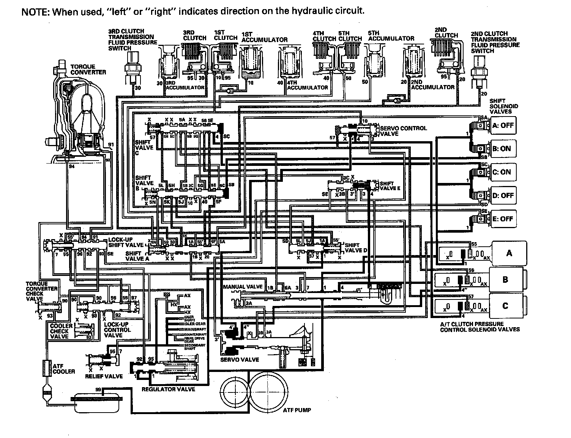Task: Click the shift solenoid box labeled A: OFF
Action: click(x=503, y=126)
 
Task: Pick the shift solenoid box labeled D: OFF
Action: click(x=503, y=195)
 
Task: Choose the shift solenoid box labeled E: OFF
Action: click(x=503, y=219)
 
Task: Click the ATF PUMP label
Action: click(x=297, y=410)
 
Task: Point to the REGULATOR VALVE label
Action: click(x=168, y=389)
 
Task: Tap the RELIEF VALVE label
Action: click(x=104, y=376)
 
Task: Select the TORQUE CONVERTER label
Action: click(x=88, y=69)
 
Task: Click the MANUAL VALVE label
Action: click(x=243, y=287)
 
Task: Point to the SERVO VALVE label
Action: click(x=240, y=359)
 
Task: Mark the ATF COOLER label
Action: click(x=63, y=369)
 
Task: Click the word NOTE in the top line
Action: click(x=34, y=11)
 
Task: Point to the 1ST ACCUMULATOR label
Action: click(x=264, y=37)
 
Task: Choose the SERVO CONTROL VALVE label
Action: click(x=403, y=131)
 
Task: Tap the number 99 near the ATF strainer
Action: click(x=98, y=390)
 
